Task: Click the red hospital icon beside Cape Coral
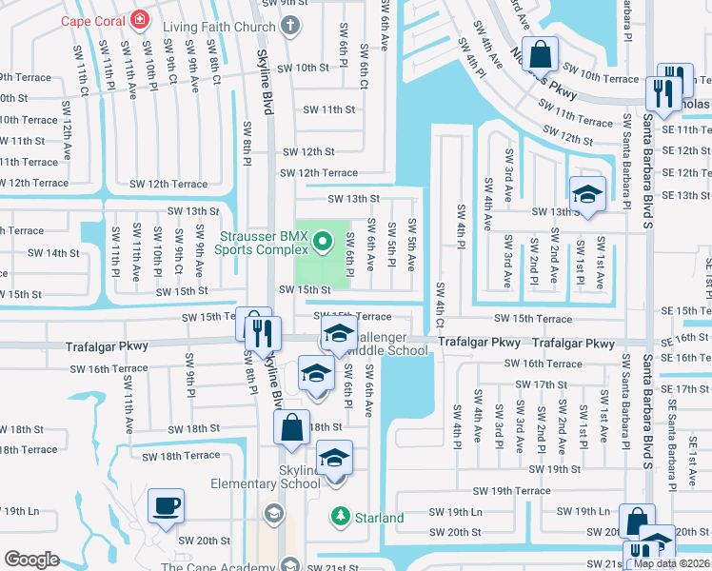[141, 20]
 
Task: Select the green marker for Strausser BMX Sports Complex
[322, 241]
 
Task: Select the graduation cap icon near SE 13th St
[587, 194]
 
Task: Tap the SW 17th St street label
[550, 384]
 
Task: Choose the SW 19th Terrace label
[512, 491]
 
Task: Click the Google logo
[31, 559]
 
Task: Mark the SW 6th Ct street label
[364, 65]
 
